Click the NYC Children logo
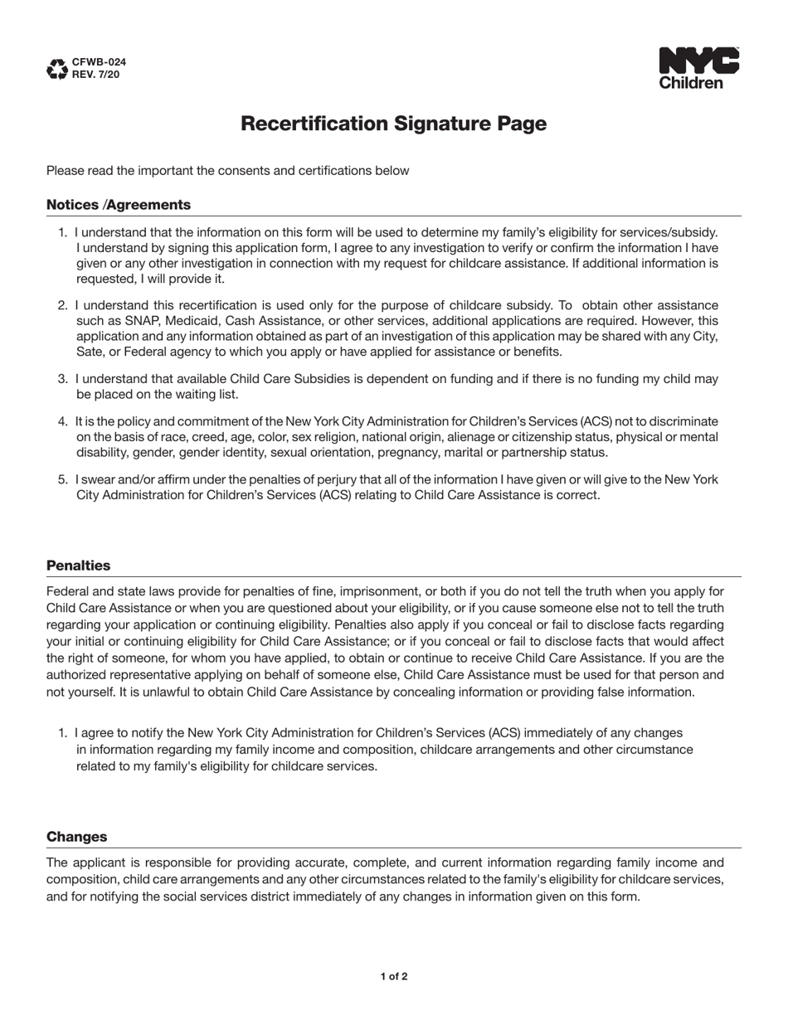click(698, 68)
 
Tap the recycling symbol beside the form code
click(57, 69)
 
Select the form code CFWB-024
click(100, 62)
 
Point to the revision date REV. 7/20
click(96, 75)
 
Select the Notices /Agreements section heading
click(118, 205)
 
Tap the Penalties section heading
click(78, 566)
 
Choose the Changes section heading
click(76, 837)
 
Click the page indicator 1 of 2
click(394, 976)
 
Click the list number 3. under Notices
click(63, 379)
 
